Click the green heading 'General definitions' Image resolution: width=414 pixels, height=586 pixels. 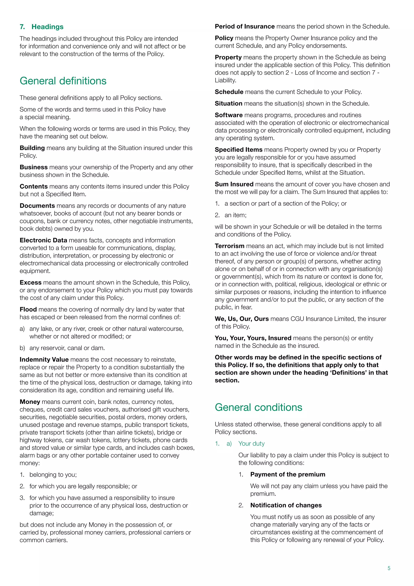click(63, 81)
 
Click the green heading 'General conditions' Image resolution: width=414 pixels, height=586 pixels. click(258, 407)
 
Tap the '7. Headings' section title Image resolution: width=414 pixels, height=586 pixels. click(42, 27)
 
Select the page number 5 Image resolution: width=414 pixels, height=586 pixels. click(389, 568)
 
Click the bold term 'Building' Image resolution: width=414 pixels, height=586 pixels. click(32, 148)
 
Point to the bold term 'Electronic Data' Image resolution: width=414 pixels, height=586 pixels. click(43, 240)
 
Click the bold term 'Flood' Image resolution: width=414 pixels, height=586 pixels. click(28, 310)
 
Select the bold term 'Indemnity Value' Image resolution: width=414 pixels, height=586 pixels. click(44, 360)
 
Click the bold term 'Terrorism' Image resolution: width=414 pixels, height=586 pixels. click(229, 246)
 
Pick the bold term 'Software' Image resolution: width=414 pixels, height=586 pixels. click(229, 115)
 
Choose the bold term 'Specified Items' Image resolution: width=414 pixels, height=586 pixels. click(238, 150)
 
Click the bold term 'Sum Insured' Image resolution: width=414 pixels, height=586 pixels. click(234, 184)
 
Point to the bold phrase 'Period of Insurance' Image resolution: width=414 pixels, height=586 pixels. click(244, 27)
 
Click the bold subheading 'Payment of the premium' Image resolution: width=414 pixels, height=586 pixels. click(288, 475)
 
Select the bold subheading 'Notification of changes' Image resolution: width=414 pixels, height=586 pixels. click(286, 505)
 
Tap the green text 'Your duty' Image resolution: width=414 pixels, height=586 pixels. click(251, 444)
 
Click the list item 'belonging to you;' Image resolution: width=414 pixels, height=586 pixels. click(53, 475)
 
